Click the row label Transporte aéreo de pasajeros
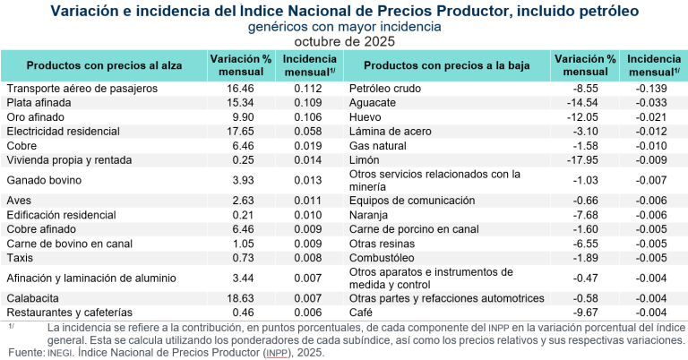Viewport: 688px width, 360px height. (x=82, y=89)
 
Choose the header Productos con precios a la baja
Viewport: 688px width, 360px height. (x=446, y=65)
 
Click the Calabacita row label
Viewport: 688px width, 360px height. (x=33, y=298)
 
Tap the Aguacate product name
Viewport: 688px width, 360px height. (x=374, y=103)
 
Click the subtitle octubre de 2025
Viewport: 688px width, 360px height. (x=343, y=41)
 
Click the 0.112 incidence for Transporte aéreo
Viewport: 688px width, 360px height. (x=308, y=89)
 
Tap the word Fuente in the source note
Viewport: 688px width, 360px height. (x=23, y=353)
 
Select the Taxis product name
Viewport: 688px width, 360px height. (x=21, y=257)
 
